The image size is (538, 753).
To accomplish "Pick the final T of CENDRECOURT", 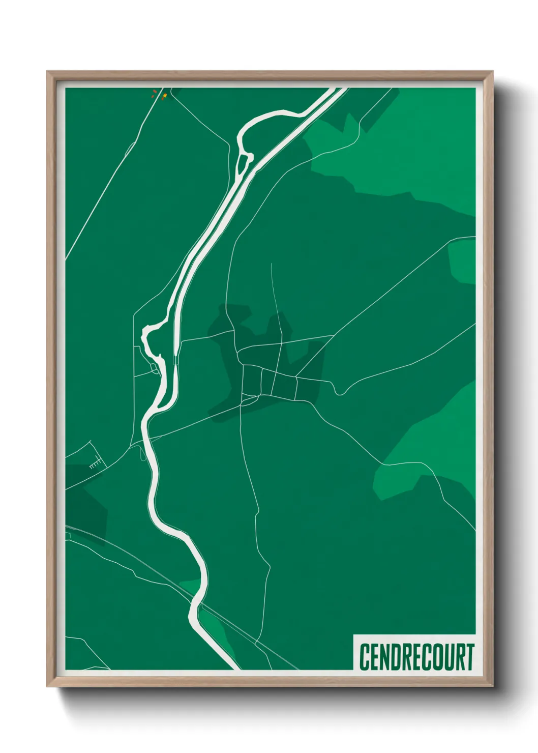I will pos(470,657).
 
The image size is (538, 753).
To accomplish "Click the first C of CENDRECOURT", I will pos(364,657).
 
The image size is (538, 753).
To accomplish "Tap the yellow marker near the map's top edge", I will pos(165,95).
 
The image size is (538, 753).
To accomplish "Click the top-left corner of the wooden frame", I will pos(47,72).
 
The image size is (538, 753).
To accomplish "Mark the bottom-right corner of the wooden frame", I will pos(492,686).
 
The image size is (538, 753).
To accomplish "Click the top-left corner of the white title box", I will pos(354,635).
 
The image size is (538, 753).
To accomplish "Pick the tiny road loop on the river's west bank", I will pos(155,368).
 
